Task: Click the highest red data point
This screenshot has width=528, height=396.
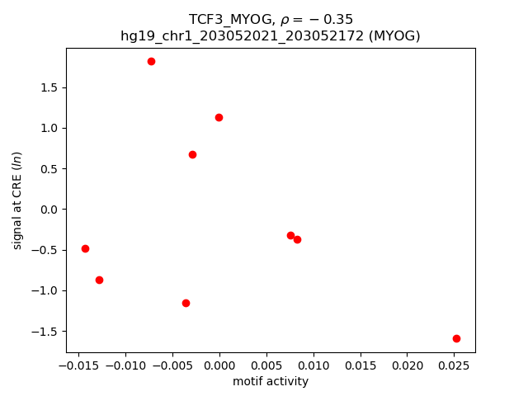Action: coord(151,61)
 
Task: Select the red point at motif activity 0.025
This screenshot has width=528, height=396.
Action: coord(456,338)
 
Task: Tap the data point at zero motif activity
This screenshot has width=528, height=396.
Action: coord(219,117)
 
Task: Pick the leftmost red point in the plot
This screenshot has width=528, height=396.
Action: coord(85,248)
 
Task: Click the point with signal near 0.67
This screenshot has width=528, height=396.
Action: coord(192,154)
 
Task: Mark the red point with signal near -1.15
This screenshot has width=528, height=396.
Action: coord(186,303)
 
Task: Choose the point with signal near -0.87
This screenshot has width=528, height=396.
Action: coord(99,280)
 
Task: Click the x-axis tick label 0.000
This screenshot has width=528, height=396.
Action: coord(219,365)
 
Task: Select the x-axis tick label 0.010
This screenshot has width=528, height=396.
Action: coord(313,365)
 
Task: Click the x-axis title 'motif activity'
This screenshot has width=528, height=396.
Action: coord(271,381)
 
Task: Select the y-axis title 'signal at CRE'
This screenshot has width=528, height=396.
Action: coord(17,200)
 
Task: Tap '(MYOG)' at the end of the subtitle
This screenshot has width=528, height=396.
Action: coord(394,35)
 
